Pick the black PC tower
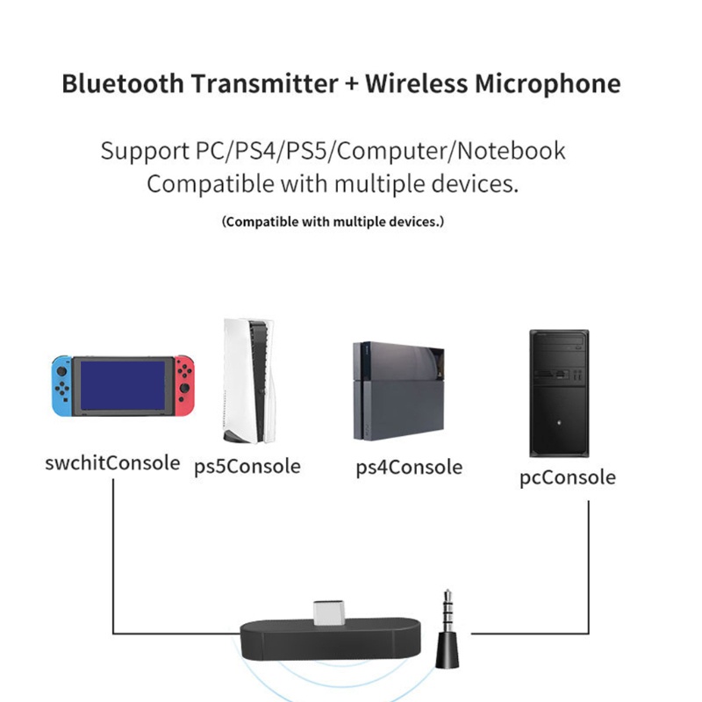(x=558, y=392)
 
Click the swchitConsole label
(x=112, y=462)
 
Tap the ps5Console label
(x=247, y=466)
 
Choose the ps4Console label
(x=409, y=466)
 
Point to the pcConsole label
(x=568, y=477)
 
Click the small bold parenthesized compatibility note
(x=333, y=221)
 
